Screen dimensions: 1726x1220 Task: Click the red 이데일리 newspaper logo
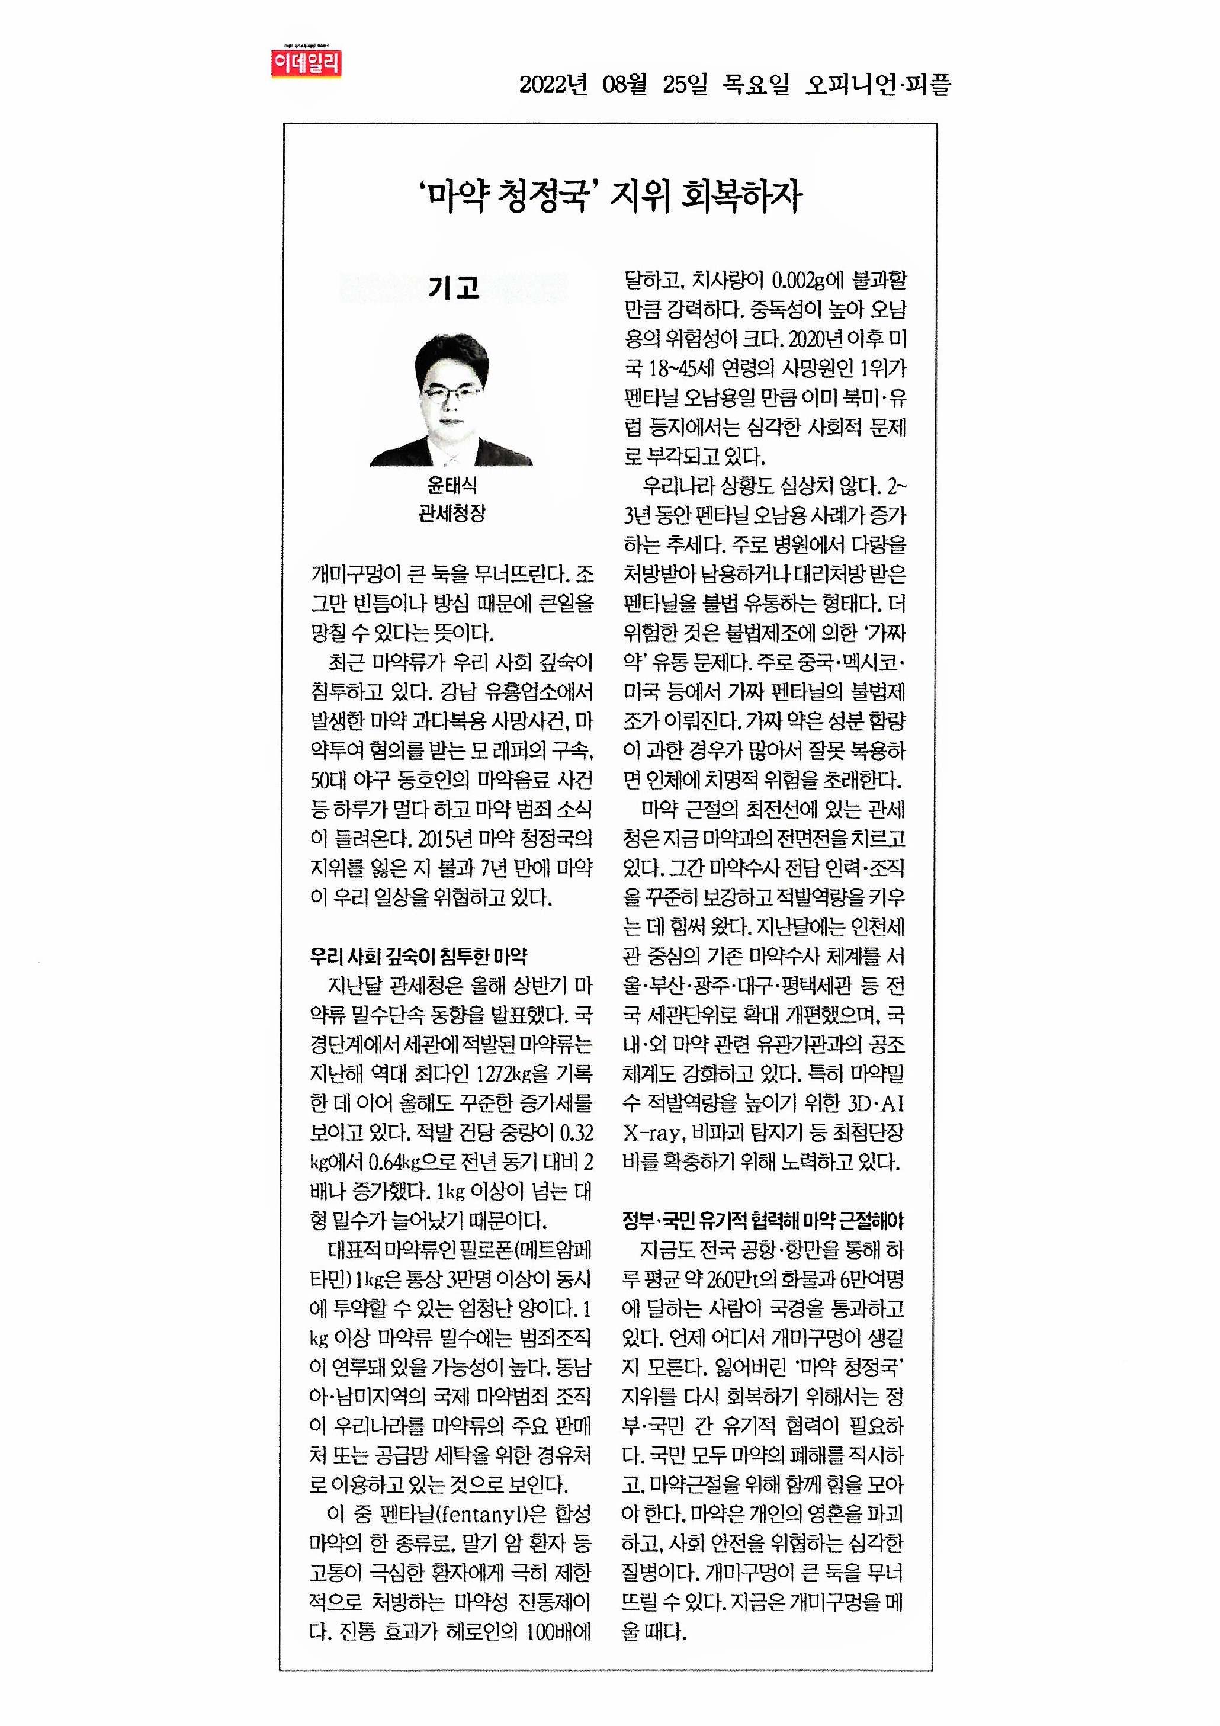tap(306, 63)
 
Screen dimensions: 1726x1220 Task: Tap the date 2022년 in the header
tap(553, 84)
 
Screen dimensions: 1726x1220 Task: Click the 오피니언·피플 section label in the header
tap(878, 84)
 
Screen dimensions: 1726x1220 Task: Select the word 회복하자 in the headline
tap(741, 197)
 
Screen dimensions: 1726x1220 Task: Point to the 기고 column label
tap(453, 288)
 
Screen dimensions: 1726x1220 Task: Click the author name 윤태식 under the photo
tap(452, 485)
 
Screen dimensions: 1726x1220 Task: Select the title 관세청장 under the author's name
tap(452, 514)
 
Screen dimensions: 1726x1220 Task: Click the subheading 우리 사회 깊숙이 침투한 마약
tap(418, 956)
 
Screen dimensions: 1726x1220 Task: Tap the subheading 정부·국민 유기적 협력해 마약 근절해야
tap(763, 1221)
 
